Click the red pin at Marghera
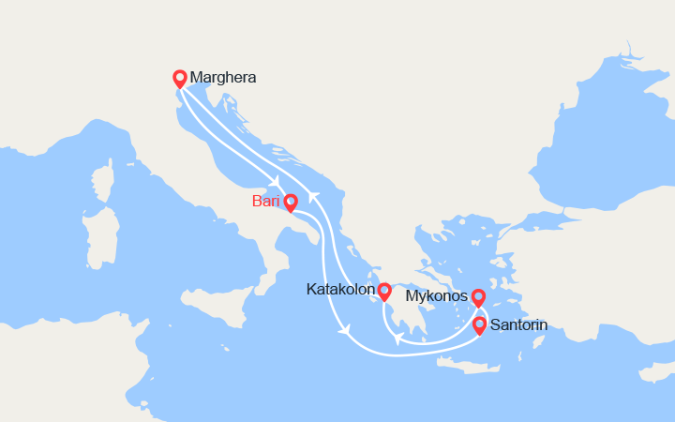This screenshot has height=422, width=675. coord(180,78)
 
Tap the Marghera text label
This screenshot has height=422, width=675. coord(222,78)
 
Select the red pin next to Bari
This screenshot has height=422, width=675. coord(291,201)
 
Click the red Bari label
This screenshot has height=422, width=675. coord(266,202)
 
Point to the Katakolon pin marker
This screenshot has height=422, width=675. coord(384,290)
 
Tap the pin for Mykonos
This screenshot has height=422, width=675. coord(478,296)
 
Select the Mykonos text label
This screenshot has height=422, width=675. coord(437,297)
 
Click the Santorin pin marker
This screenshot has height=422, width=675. coord(479,324)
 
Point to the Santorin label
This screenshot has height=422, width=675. coord(518,325)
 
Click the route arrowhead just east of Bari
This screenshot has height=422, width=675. coord(313,197)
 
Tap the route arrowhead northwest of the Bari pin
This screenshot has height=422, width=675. coord(276,183)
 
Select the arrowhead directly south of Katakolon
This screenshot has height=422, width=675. coord(397,338)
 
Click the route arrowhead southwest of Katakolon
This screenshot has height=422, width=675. coord(346,330)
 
